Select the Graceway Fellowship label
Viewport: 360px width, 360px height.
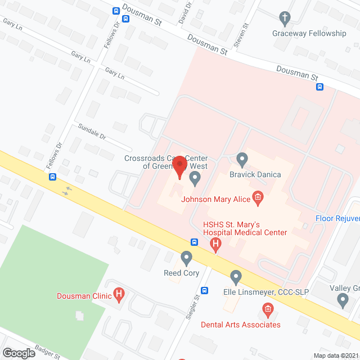coord(309,33)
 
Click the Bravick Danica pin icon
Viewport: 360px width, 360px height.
coord(242,160)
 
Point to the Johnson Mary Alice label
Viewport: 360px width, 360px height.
coord(216,198)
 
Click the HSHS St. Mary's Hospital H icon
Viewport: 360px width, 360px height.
coord(215,244)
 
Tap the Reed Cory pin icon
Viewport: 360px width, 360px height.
coord(186,258)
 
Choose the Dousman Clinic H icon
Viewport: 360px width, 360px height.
coord(119,293)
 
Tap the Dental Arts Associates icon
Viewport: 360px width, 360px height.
coord(268,309)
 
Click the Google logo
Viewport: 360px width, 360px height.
coord(19,353)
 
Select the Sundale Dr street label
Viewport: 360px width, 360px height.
coord(92,136)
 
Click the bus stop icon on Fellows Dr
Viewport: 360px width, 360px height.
coord(52,177)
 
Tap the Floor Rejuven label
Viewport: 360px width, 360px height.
coord(337,218)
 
